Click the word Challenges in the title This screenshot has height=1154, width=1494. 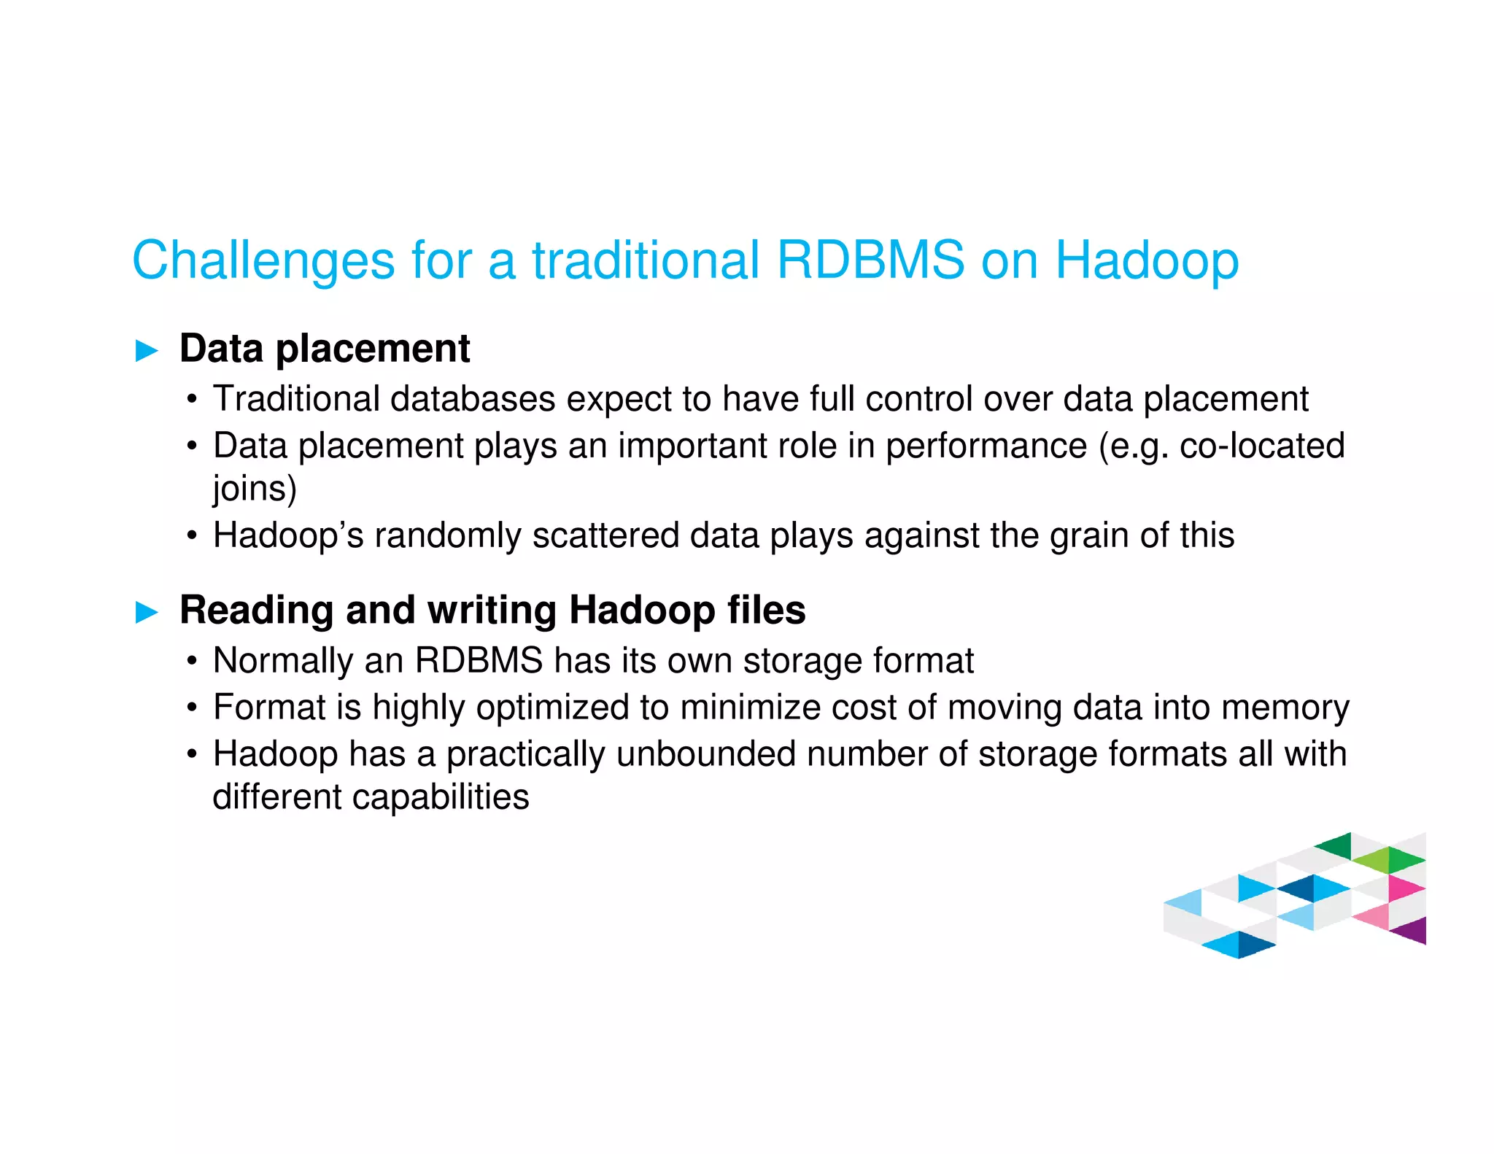point(263,261)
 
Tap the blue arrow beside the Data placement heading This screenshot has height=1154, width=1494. point(147,351)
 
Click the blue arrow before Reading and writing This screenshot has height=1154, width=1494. point(147,612)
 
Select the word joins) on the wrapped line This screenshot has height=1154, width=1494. point(255,489)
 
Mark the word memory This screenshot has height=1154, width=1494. point(1285,708)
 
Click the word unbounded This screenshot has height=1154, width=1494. point(705,754)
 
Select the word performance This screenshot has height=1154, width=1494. point(986,446)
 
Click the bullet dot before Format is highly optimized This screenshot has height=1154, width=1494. point(192,708)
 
